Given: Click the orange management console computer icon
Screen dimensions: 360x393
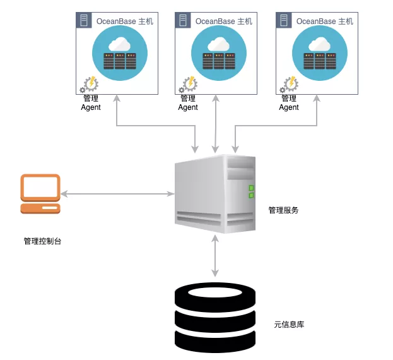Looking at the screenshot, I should coord(40,193).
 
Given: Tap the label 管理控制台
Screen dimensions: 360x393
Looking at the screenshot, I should coord(42,241).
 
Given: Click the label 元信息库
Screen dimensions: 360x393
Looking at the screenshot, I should coord(290,325).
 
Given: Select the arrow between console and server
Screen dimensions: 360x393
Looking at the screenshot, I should coord(117,193).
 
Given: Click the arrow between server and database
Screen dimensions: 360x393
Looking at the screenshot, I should coord(216,255).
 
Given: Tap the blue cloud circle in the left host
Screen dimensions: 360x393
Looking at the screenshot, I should coord(120,54).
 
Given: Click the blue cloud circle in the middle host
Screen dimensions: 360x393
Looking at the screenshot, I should coord(219,54).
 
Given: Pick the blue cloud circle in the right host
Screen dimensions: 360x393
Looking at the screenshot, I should coord(319,54).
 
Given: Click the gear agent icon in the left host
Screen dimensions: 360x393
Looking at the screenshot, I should coord(88,85).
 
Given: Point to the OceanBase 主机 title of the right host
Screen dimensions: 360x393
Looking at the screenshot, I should coord(325,21).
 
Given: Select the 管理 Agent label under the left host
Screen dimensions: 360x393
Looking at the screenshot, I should coord(91,103).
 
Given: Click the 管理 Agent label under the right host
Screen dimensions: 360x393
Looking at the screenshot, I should coord(289,103).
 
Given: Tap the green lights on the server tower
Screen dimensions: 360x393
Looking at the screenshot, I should coord(251,191).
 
